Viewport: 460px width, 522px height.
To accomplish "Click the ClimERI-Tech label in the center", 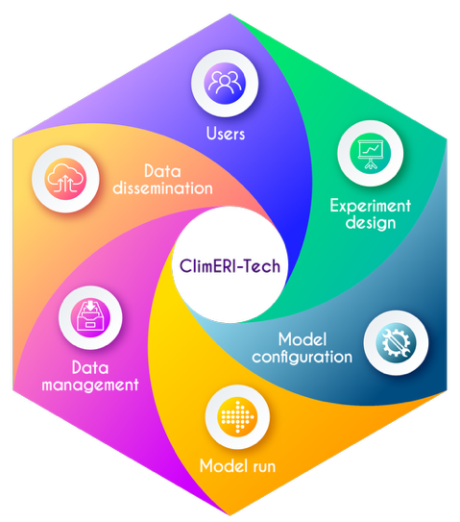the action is [230, 266].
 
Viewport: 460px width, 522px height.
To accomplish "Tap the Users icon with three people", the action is [225, 84].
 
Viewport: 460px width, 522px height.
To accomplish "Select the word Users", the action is [226, 134].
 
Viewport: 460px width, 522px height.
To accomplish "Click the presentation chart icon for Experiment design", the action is [371, 153].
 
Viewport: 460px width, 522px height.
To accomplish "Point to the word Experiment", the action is [371, 207].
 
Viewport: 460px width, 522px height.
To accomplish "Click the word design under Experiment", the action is [371, 223].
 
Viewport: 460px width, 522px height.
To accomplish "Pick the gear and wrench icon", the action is [396, 342].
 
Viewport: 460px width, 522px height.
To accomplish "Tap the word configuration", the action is [302, 358].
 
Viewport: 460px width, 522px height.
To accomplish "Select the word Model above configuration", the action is [303, 339].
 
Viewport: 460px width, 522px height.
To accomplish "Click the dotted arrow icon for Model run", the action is [237, 417].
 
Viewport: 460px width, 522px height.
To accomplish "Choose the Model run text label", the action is [237, 465].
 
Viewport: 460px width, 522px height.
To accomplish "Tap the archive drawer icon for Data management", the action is [90, 317].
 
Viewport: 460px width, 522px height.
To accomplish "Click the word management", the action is [90, 385].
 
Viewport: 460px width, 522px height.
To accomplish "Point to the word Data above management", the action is [90, 368].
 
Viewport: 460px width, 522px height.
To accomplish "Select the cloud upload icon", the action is [65, 179].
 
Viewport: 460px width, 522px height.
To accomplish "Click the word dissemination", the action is [162, 188].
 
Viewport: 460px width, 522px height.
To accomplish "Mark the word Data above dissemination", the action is [162, 171].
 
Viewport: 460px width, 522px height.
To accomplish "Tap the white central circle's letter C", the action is [185, 266].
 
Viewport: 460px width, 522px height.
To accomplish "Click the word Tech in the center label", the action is [263, 266].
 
